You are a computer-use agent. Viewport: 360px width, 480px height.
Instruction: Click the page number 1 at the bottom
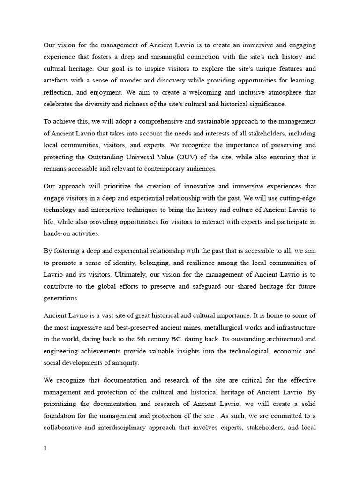(45, 448)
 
